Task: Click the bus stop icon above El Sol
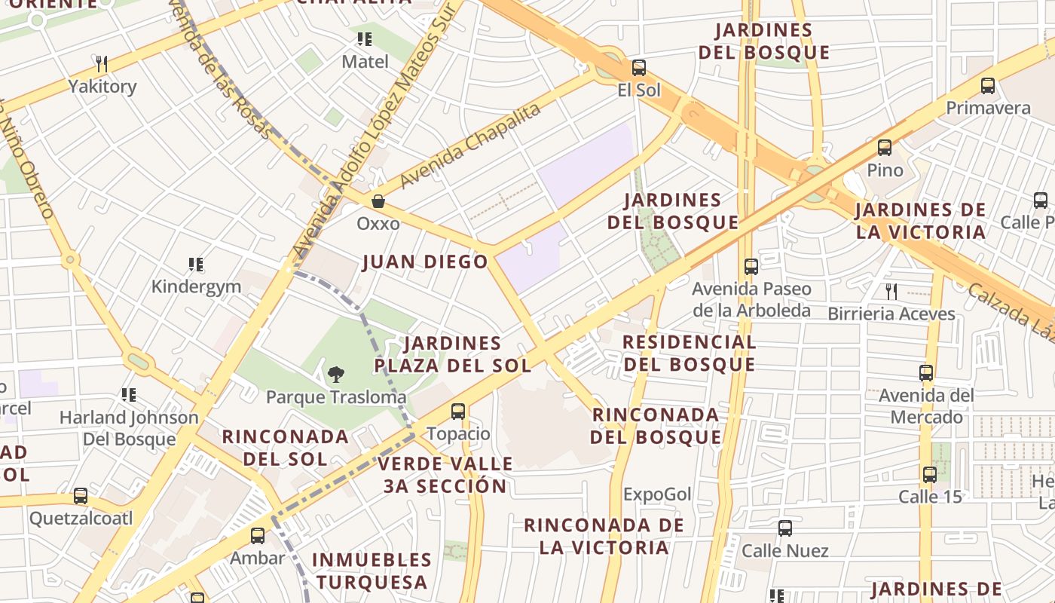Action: tap(639, 68)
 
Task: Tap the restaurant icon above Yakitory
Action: tap(102, 64)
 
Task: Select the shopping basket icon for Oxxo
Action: tap(378, 201)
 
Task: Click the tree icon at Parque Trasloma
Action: tap(336, 374)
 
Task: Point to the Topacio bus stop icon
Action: tap(458, 412)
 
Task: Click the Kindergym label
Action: tap(196, 286)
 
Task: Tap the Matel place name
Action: tap(365, 62)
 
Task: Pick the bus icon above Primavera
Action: tap(988, 86)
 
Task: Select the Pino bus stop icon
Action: tap(885, 148)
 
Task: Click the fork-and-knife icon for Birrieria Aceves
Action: tap(891, 291)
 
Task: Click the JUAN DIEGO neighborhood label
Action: tap(426, 262)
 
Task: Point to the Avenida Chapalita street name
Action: tap(471, 146)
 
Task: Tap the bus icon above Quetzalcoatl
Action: tap(81, 496)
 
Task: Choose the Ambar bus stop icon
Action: tap(258, 536)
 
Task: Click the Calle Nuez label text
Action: tap(785, 551)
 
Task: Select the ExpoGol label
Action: tap(657, 494)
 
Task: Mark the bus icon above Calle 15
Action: tap(930, 475)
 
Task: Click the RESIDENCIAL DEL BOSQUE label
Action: tap(690, 353)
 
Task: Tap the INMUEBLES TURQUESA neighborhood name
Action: tap(372, 571)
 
